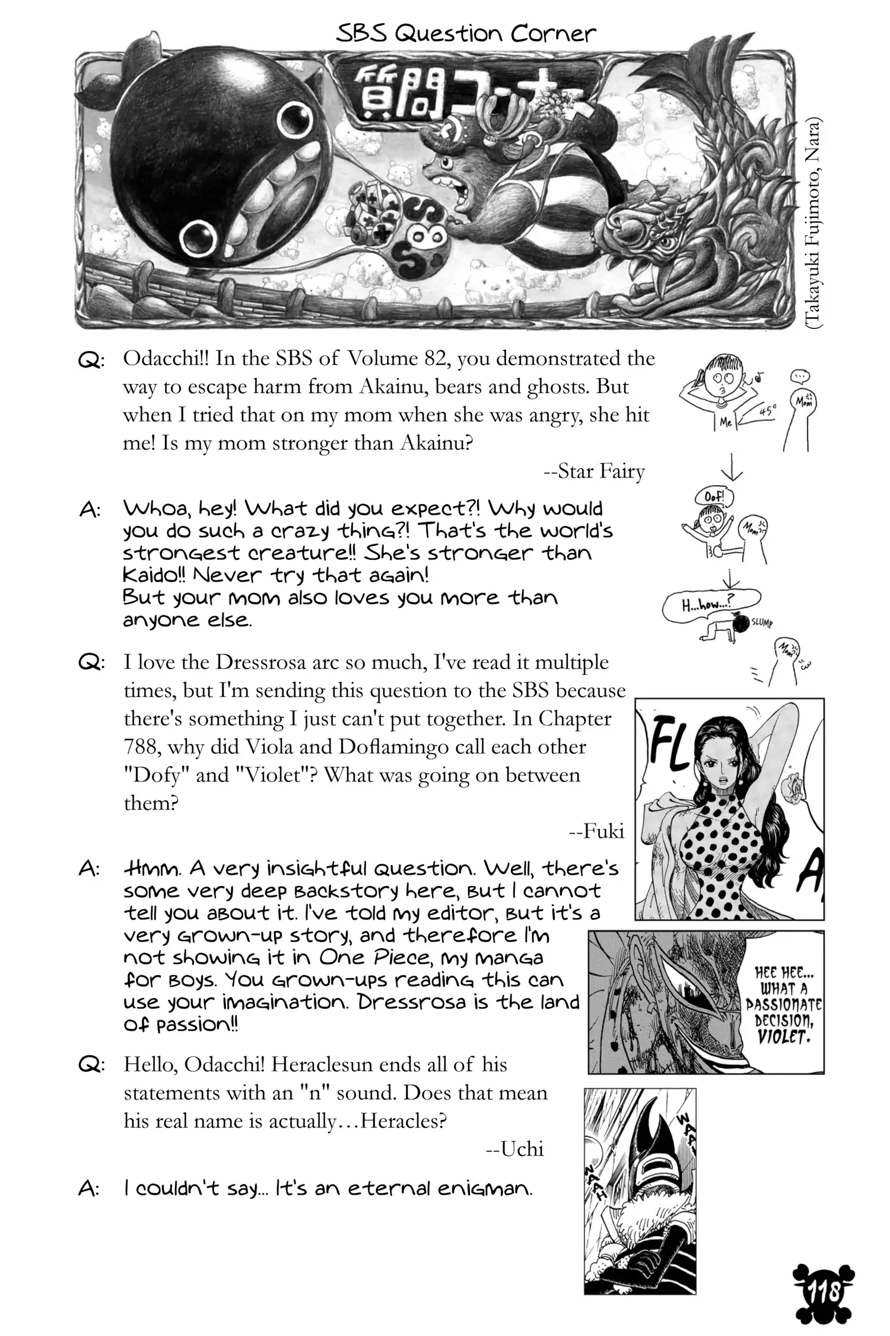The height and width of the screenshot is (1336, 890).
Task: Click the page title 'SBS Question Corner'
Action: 466,34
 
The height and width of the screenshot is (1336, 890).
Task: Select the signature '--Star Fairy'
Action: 594,471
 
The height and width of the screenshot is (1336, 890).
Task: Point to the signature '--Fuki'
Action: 596,831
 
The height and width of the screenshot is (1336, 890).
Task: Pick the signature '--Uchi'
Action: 514,1149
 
